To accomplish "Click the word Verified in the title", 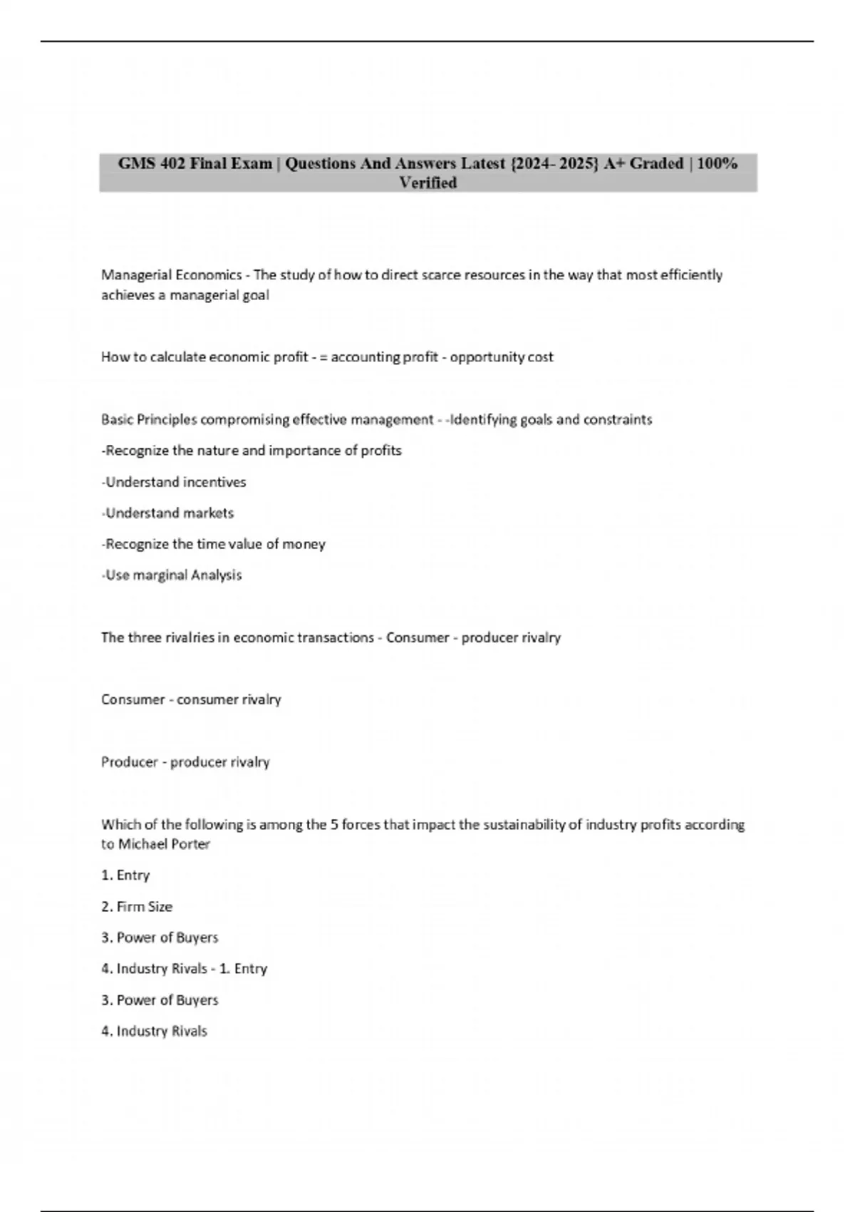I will pyautogui.click(x=427, y=183).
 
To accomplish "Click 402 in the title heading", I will pyautogui.click(x=173, y=163).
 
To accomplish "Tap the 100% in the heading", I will pyautogui.click(x=717, y=163).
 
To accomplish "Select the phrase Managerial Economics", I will pyautogui.click(x=171, y=274).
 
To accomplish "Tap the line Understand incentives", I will pyautogui.click(x=174, y=482).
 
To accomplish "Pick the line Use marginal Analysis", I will pyautogui.click(x=172, y=575).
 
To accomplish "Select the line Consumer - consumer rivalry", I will pyautogui.click(x=191, y=699).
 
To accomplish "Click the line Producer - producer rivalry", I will pyautogui.click(x=185, y=761).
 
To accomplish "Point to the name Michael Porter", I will pyautogui.click(x=164, y=844).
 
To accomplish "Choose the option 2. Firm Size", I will pyautogui.click(x=137, y=906).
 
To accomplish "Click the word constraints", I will pyautogui.click(x=618, y=419).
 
